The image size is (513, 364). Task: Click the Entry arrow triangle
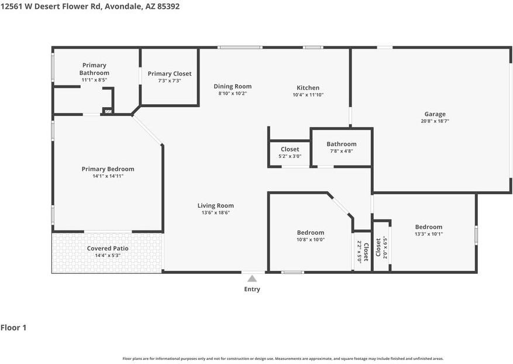[x=252, y=279]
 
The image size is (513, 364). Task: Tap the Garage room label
[x=435, y=114]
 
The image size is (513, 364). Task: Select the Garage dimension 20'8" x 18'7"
[x=435, y=121]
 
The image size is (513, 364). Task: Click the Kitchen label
[x=308, y=88]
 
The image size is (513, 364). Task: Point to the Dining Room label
[x=233, y=87]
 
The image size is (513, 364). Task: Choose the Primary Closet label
[x=170, y=74]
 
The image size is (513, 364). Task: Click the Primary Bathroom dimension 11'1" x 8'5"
[x=94, y=80]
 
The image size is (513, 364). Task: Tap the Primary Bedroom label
[x=108, y=169]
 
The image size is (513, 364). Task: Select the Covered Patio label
[x=108, y=249]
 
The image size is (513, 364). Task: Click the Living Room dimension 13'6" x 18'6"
[x=216, y=212]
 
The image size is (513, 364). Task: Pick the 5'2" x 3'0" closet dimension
[x=290, y=156]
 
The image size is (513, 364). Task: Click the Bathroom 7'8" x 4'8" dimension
[x=342, y=151]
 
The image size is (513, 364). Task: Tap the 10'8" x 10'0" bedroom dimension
[x=311, y=239]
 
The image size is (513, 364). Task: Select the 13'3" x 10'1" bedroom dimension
[x=429, y=233]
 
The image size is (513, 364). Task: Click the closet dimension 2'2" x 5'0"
[x=359, y=252]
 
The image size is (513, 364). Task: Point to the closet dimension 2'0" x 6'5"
[x=385, y=248]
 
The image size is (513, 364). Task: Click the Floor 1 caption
[x=13, y=328]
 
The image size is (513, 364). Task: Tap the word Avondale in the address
[x=123, y=6]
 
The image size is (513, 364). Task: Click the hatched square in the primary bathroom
[x=108, y=111]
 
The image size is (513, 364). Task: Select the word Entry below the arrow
[x=252, y=289]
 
